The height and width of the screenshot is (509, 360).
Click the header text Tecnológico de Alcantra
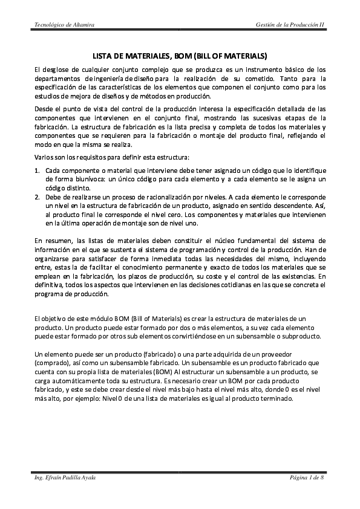64,24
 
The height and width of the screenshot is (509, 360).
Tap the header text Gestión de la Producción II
290,24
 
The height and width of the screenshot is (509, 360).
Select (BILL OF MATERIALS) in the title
230,54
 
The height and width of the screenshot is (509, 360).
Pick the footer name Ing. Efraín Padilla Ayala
65,478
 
